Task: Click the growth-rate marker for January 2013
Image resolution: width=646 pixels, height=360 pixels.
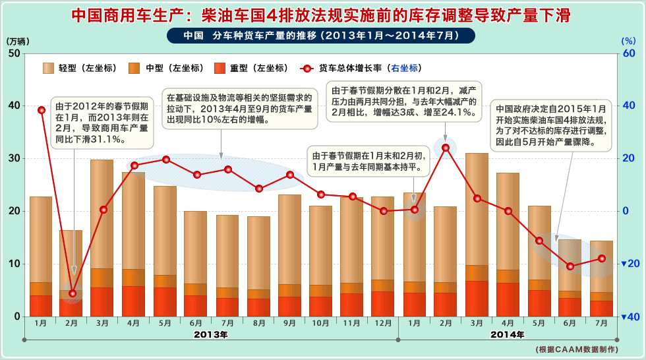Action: [42, 110]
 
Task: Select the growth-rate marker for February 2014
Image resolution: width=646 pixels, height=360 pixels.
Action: [446, 148]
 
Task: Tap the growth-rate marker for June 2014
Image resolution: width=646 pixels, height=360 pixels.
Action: [571, 266]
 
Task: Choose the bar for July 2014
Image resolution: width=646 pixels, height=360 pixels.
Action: [601, 277]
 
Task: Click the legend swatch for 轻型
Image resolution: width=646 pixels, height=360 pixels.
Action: [49, 68]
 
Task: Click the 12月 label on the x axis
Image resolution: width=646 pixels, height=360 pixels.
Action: [382, 323]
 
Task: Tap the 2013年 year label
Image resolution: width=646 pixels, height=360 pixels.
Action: [211, 335]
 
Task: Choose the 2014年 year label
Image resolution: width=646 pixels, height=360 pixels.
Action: [508, 335]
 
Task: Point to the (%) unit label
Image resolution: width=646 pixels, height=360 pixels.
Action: [628, 41]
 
